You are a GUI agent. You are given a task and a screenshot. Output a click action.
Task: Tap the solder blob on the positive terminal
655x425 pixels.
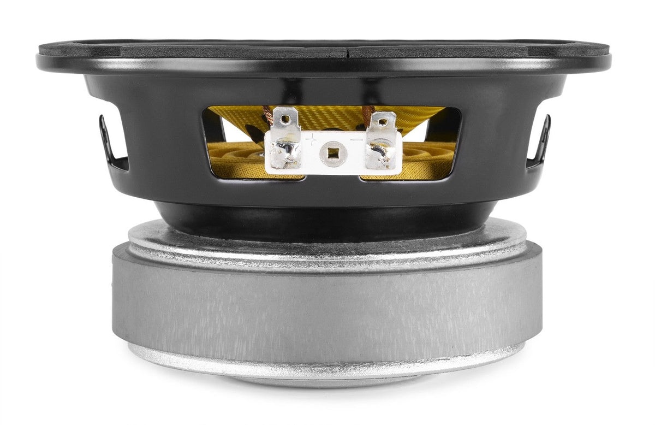point(284,154)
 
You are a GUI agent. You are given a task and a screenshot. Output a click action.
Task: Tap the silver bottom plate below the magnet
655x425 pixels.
point(327,363)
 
